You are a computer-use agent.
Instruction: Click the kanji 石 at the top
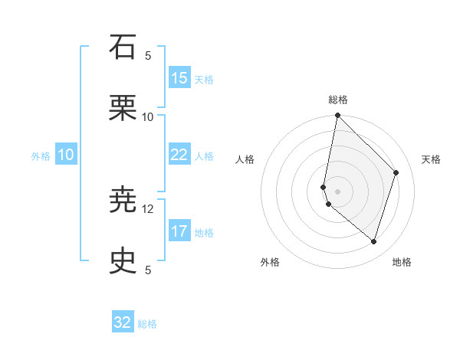[x=123, y=47]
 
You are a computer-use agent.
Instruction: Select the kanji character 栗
[x=123, y=108]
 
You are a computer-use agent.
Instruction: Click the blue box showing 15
[x=179, y=77]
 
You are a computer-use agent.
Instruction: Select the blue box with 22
[x=179, y=155]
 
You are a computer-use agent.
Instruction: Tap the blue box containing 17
[x=179, y=231]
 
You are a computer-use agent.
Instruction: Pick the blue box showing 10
[x=66, y=155]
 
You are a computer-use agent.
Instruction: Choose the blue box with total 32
[x=123, y=322]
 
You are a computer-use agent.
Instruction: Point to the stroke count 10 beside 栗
[x=148, y=116]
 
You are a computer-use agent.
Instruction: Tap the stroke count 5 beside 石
[x=148, y=55]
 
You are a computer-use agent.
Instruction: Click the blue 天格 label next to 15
[x=203, y=79]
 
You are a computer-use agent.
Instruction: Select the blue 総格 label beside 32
[x=147, y=324]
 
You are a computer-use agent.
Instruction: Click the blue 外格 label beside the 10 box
[x=41, y=156]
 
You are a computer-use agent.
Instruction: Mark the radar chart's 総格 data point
[x=337, y=116]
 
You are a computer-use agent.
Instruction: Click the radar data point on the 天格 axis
[x=396, y=172]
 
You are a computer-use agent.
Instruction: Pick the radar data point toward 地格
[x=373, y=241]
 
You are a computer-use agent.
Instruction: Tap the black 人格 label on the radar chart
[x=245, y=159]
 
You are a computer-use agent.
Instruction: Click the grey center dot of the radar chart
[x=337, y=191]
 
